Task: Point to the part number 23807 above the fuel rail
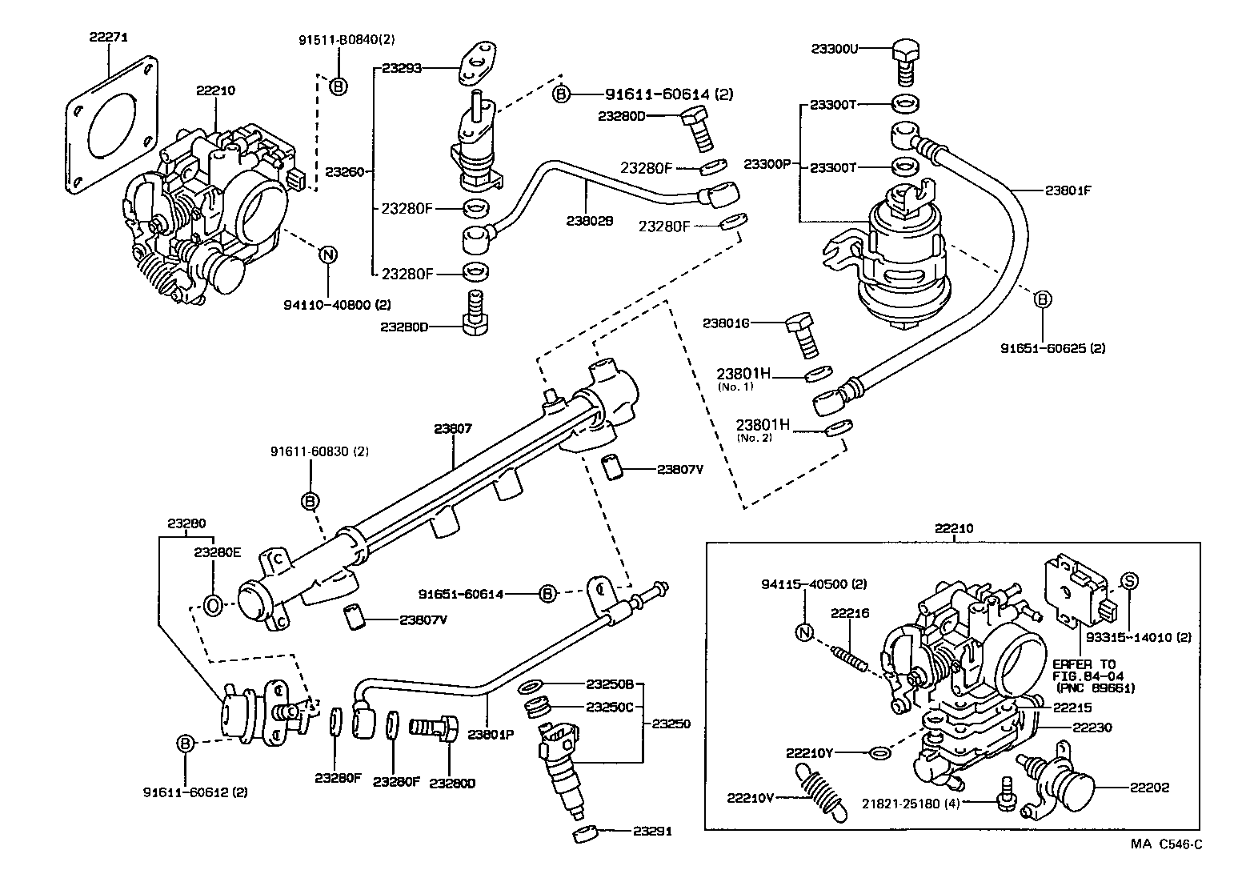tap(453, 428)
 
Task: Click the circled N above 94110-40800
tap(328, 255)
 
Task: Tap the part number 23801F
tap(1068, 190)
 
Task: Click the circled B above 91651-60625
tap(1042, 299)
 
